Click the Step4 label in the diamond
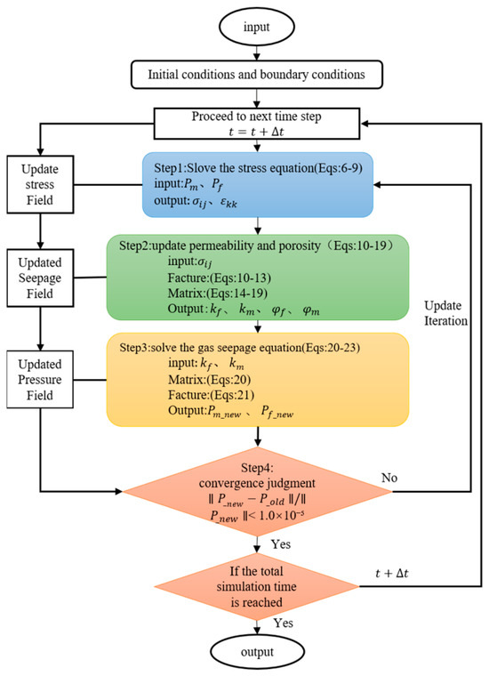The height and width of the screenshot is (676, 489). pyautogui.click(x=257, y=468)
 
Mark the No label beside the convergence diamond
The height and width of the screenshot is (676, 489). pyautogui.click(x=389, y=478)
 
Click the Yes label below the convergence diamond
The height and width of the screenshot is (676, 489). pyautogui.click(x=281, y=544)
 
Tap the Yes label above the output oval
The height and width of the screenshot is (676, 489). pyautogui.click(x=283, y=623)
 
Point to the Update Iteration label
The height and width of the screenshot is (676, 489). pyautogui.click(x=445, y=313)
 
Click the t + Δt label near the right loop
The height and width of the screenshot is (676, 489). pyautogui.click(x=391, y=573)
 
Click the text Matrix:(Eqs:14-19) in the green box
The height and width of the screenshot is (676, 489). pyautogui.click(x=218, y=294)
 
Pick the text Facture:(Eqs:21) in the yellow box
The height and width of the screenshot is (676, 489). pyautogui.click(x=211, y=395)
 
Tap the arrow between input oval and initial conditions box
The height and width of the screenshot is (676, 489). pyautogui.click(x=257, y=52)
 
